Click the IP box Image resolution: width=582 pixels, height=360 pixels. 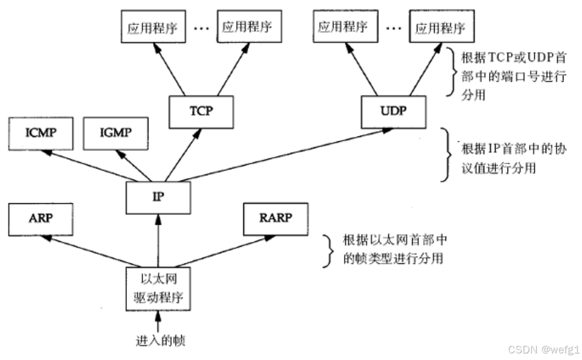(158, 197)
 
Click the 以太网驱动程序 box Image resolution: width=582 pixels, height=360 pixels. (158, 288)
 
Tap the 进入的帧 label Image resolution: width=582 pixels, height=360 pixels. (158, 341)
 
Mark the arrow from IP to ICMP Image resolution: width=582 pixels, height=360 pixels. (89, 166)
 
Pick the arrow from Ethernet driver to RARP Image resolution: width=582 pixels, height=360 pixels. (215, 250)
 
